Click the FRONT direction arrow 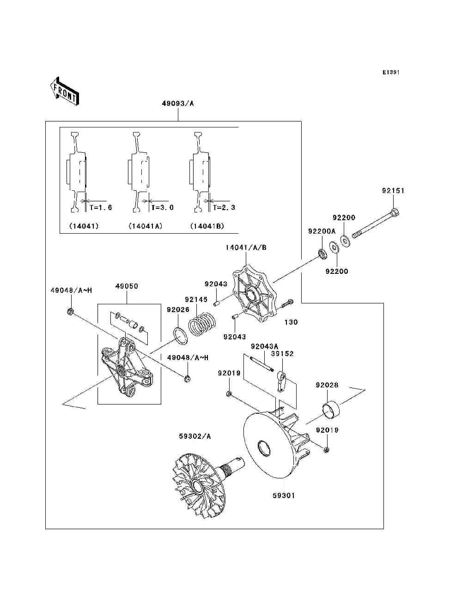[65, 91]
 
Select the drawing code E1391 [391, 72]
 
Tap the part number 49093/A [178, 103]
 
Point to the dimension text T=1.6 [101, 207]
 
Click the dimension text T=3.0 [163, 207]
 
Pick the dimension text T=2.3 [224, 207]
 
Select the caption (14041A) [146, 226]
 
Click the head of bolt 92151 [395, 212]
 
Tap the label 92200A [322, 231]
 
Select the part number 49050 [127, 286]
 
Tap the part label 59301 [284, 495]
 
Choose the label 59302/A [195, 436]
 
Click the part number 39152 [282, 354]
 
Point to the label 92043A [264, 346]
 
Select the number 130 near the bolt [291, 322]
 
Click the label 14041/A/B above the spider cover [246, 248]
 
